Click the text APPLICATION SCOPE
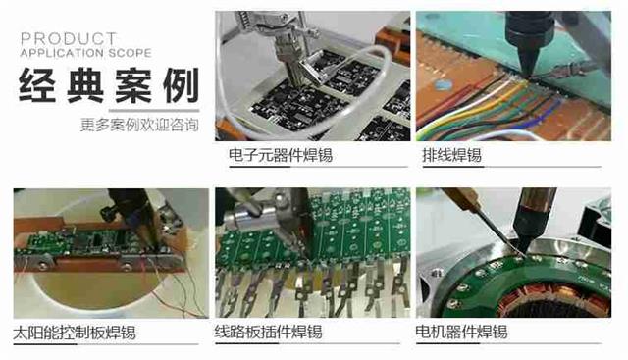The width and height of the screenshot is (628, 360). click(x=81, y=51)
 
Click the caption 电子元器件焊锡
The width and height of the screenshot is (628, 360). click(x=281, y=156)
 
